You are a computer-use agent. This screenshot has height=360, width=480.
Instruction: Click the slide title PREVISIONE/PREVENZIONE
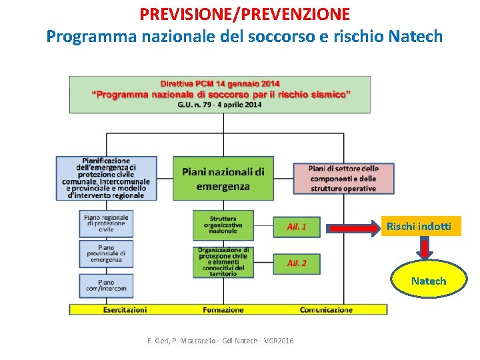click(x=245, y=13)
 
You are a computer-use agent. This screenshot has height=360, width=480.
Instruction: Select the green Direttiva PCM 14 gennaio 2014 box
click(x=220, y=95)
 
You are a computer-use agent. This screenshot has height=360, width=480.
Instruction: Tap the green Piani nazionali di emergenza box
click(x=223, y=179)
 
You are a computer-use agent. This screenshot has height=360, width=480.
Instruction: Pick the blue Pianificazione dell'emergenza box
click(x=107, y=178)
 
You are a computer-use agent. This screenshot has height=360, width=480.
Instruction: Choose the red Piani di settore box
click(x=343, y=179)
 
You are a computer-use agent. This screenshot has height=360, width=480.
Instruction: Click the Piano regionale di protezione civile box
click(x=107, y=223)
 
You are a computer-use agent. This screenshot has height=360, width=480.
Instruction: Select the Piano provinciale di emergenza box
click(x=107, y=254)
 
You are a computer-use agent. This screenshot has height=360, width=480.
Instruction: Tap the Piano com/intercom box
click(x=107, y=286)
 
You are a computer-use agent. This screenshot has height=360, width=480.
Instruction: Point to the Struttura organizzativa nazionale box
click(x=223, y=225)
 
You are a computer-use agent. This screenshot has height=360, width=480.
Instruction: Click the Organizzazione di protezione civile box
click(x=223, y=262)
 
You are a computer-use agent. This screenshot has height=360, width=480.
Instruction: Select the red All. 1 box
click(x=297, y=227)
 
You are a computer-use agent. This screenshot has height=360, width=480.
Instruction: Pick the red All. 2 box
click(x=297, y=263)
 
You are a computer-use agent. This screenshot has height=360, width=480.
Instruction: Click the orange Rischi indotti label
click(x=419, y=227)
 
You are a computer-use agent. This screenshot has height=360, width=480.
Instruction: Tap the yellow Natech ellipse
click(x=429, y=281)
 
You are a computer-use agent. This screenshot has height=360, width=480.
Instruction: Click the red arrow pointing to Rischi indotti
click(x=353, y=229)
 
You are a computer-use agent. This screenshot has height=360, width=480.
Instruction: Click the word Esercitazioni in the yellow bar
click(x=125, y=310)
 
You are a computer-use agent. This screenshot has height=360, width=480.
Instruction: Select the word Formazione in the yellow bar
click(x=223, y=310)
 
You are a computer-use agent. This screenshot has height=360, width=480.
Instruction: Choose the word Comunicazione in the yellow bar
click(x=326, y=310)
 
